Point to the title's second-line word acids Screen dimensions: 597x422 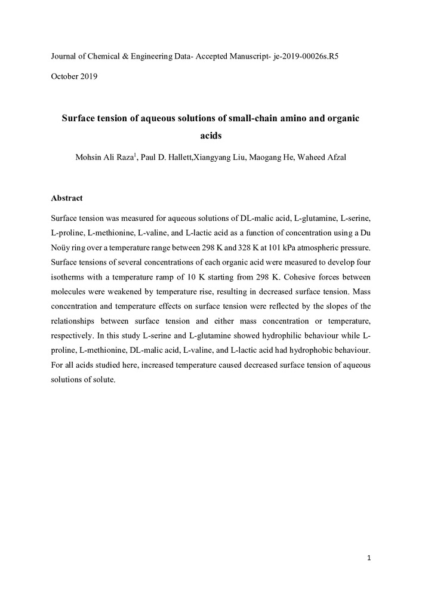[x=210, y=136]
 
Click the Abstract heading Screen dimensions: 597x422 [x=67, y=198]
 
